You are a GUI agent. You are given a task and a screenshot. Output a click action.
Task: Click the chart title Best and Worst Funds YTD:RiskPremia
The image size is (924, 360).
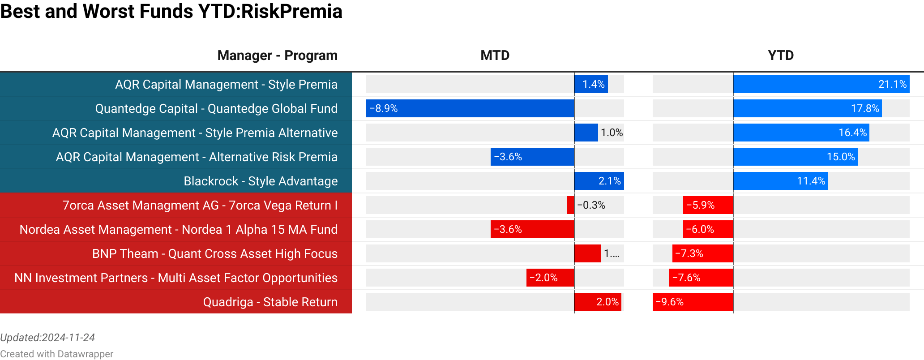point(171,12)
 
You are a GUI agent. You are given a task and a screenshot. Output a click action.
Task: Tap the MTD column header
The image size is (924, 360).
point(495,56)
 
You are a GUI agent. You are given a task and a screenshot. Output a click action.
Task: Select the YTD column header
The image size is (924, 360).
point(780,56)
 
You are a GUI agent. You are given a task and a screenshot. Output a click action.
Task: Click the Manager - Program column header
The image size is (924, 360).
point(277,56)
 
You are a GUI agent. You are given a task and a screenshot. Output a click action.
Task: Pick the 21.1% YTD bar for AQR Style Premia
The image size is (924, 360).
point(821,84)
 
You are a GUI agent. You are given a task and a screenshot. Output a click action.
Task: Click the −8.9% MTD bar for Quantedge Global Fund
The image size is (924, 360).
point(470,108)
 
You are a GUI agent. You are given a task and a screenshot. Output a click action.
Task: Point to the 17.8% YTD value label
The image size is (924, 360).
point(864,108)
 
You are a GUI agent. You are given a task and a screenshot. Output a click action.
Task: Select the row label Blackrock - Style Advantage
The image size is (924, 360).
point(261,181)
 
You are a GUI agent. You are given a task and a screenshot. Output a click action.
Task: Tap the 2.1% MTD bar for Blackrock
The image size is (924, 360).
point(599,181)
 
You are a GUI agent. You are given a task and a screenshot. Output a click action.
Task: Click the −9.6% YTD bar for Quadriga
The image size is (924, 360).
point(693,302)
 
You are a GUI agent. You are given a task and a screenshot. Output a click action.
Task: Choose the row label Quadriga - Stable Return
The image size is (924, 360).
point(270,302)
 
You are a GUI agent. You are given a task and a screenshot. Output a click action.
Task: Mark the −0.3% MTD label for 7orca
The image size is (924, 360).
point(591,205)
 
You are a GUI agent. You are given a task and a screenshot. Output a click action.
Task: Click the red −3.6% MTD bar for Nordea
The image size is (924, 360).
point(532,229)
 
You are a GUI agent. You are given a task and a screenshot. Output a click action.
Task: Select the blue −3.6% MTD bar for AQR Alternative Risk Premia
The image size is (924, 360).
point(532,157)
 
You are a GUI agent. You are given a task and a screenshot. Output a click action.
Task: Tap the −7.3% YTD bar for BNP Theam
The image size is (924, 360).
point(703,253)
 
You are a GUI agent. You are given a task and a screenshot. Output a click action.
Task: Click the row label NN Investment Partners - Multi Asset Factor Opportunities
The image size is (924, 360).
point(176,278)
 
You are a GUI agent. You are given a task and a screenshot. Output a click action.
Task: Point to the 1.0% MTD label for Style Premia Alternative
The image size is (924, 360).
point(612,133)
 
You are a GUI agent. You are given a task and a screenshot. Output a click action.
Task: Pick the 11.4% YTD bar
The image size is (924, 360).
point(781,181)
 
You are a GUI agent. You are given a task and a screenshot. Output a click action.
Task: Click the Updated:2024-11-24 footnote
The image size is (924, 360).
point(47,338)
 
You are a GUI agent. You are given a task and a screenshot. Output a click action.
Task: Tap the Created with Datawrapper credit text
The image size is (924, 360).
point(56,354)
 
